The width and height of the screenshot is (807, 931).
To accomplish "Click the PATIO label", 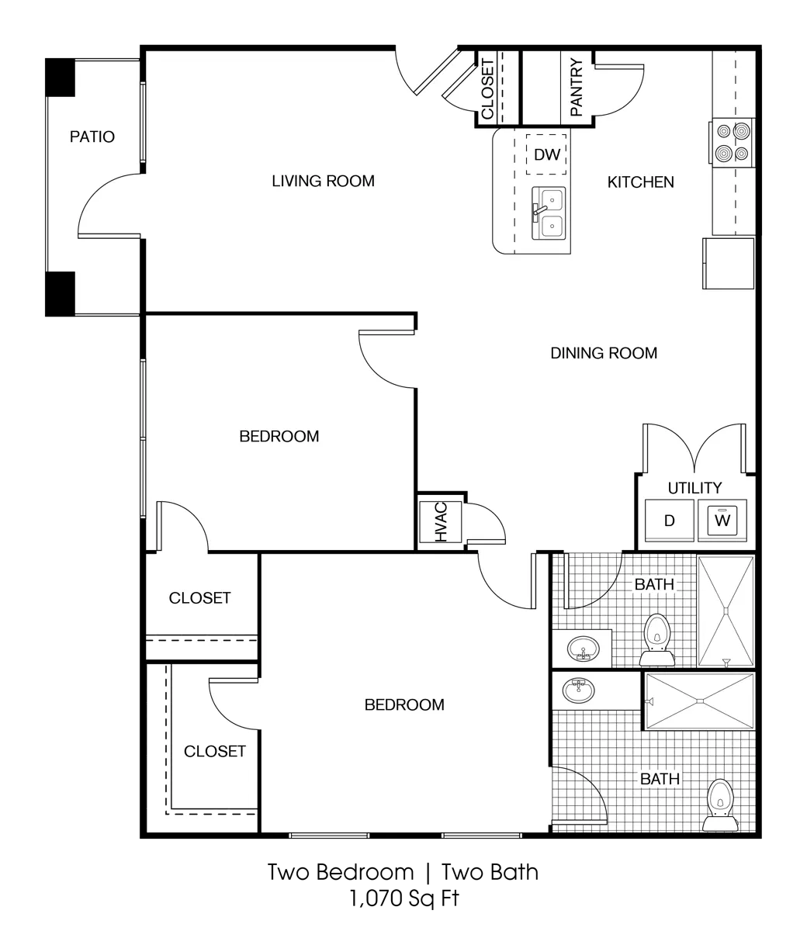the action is (x=92, y=137).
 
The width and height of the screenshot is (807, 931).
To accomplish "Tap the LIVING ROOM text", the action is (x=323, y=181).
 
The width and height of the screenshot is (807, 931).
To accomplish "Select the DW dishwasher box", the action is (x=546, y=154).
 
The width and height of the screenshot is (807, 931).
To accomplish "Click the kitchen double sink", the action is (x=549, y=213).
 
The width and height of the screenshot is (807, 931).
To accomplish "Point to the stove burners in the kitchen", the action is (x=733, y=142).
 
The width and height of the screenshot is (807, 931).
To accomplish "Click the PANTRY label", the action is (x=577, y=87).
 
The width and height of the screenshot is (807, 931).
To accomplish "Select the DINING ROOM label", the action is (x=604, y=353).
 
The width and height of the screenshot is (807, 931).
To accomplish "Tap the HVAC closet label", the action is (x=441, y=521).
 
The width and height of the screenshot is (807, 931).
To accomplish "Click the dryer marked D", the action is (x=670, y=521).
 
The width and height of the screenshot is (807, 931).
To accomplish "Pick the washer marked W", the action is (x=722, y=521).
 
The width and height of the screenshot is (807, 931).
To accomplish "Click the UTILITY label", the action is (x=694, y=488).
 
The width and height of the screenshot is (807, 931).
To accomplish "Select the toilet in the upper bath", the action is (x=657, y=639).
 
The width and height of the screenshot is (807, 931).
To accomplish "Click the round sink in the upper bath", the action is (x=584, y=649).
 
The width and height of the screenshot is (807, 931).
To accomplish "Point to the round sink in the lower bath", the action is (x=579, y=690).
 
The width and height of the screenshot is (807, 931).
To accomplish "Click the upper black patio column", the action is (x=60, y=78).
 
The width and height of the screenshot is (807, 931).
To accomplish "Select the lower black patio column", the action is (x=60, y=294).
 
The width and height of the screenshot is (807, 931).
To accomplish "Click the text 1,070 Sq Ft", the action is (x=404, y=899).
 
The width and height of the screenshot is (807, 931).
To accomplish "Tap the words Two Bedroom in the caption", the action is (x=341, y=873).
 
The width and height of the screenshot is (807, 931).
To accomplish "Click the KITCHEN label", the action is (x=641, y=182).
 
